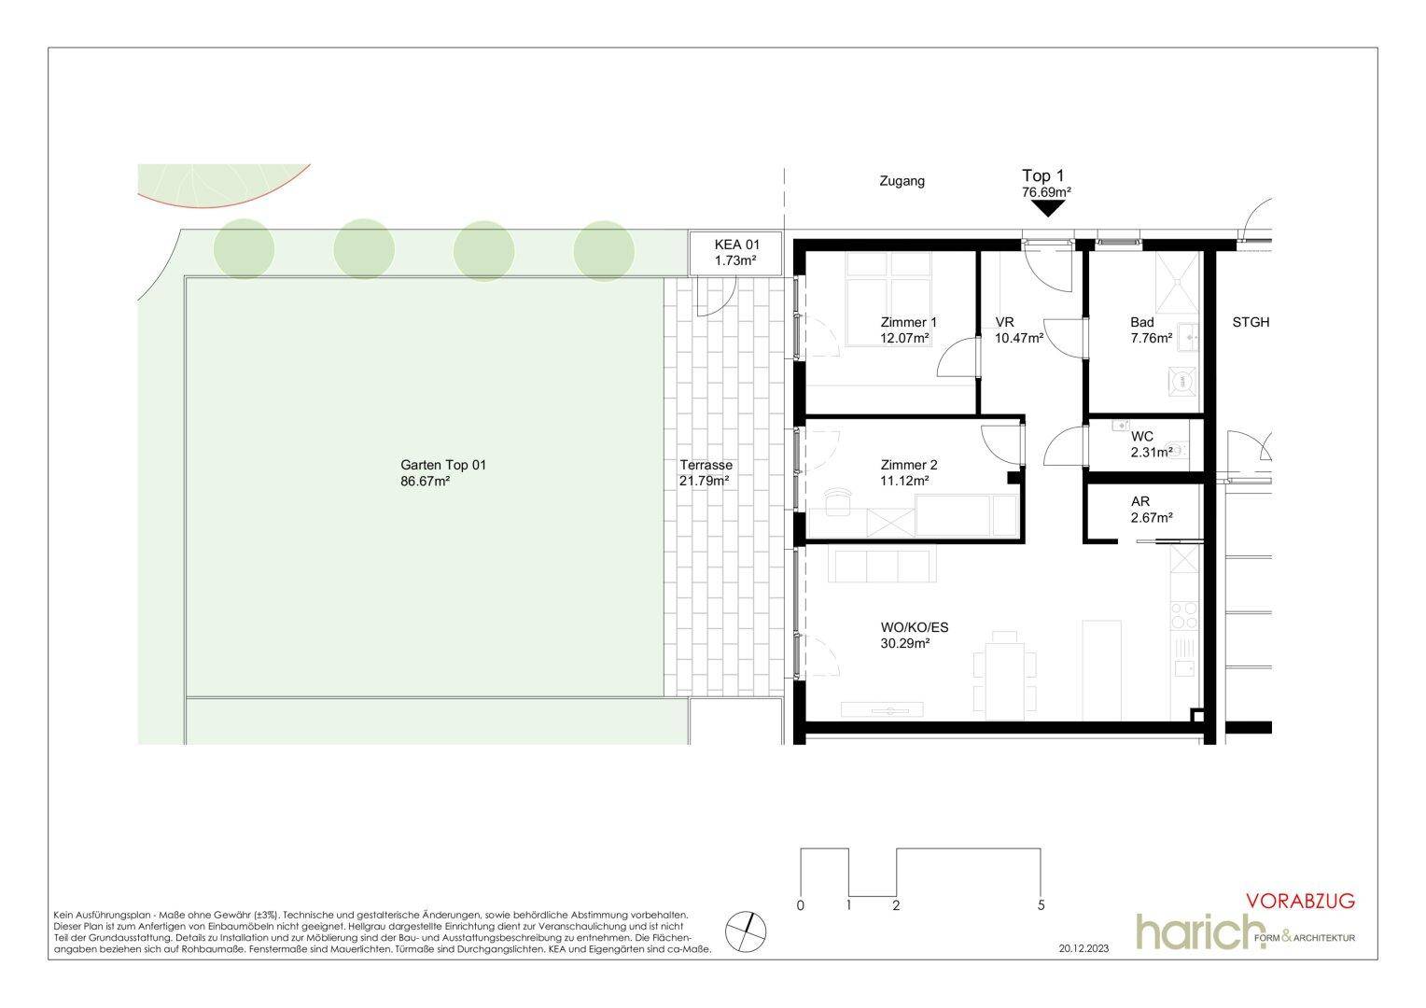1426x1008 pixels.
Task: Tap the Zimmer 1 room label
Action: (x=908, y=323)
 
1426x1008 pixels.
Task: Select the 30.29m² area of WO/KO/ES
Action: (x=905, y=644)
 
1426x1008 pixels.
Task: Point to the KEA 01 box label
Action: (x=737, y=245)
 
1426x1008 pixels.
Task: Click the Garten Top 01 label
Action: (x=443, y=466)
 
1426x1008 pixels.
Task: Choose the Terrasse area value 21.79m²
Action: (x=704, y=482)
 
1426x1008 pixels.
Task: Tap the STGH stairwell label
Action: (x=1251, y=323)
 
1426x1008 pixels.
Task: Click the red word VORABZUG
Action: (x=1301, y=901)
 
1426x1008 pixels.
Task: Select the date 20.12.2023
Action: (x=1084, y=949)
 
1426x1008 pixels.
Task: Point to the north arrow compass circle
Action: (x=746, y=931)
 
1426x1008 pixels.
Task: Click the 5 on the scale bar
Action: (x=1042, y=905)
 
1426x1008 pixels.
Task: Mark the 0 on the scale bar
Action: (x=800, y=905)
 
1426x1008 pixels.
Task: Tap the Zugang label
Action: (x=902, y=181)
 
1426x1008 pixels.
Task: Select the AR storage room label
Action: (x=1140, y=502)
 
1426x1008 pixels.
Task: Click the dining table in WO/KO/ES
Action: (x=1004, y=680)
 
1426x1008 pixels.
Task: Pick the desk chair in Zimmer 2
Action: (x=838, y=502)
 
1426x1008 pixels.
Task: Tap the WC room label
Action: (x=1142, y=437)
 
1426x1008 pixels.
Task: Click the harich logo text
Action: (x=1193, y=931)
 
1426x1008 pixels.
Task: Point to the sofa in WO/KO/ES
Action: (x=882, y=565)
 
